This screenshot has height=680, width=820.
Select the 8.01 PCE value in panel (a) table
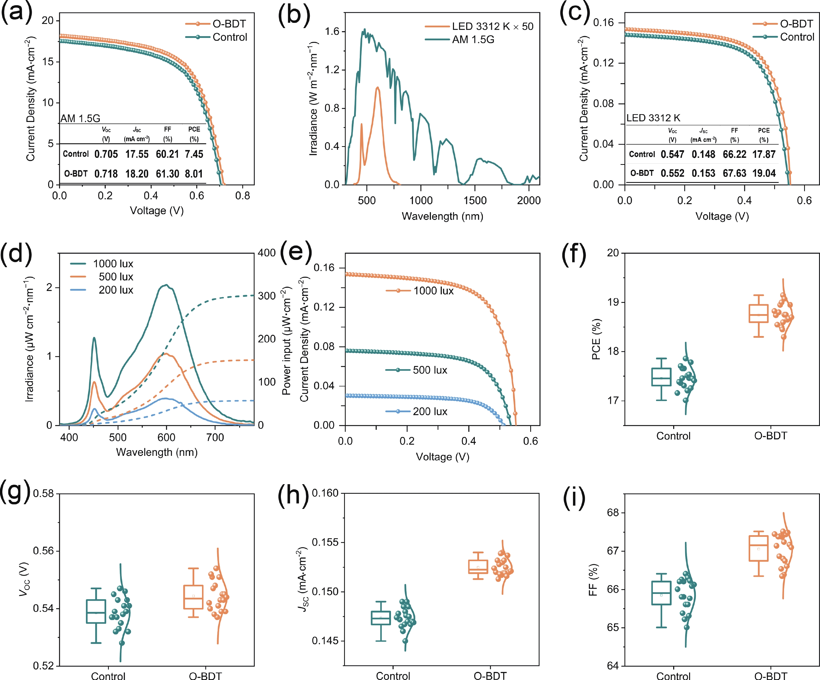tap(194, 174)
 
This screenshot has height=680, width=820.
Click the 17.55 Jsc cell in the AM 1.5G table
tap(137, 154)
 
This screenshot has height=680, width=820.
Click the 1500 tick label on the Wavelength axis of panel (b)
tap(475, 200)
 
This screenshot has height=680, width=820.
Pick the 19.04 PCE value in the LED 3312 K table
tap(764, 173)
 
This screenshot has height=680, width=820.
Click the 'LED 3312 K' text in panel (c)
tap(653, 118)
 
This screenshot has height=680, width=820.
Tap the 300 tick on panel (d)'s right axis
tap(267, 296)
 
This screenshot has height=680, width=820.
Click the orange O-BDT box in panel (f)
tap(758, 313)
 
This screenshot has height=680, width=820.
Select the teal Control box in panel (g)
tap(96, 611)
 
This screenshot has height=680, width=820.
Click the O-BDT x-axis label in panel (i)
tap(771, 675)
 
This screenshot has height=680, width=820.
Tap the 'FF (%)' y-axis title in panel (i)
tap(593, 580)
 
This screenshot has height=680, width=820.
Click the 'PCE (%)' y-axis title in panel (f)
tap(596, 339)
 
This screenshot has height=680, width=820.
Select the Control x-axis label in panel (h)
tap(393, 675)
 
